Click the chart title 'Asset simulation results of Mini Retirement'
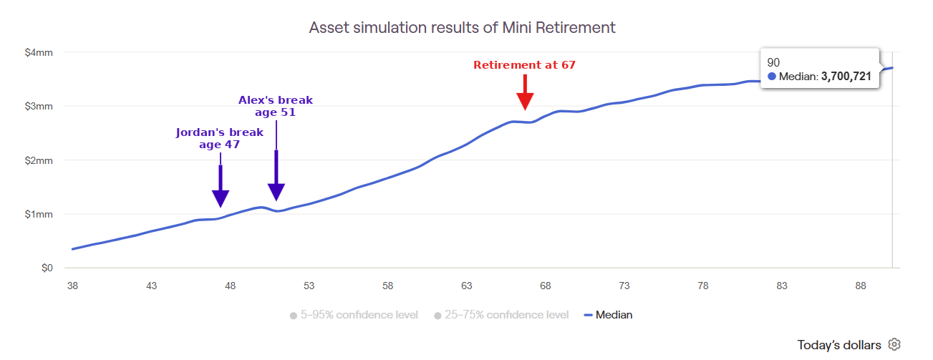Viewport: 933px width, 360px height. tap(462, 28)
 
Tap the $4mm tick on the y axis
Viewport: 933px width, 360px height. tap(39, 52)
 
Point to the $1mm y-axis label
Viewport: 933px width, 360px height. tap(39, 214)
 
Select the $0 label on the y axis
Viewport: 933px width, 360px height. tap(47, 268)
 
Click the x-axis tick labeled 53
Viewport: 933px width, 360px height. tap(309, 286)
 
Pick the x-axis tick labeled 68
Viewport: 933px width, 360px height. tap(545, 286)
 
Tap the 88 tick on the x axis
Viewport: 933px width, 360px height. tap(861, 286)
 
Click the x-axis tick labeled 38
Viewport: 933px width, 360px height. tap(72, 286)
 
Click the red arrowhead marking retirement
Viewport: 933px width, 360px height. tap(525, 102)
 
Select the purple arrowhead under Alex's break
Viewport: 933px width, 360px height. tap(276, 193)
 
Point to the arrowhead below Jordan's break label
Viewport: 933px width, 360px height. tap(221, 198)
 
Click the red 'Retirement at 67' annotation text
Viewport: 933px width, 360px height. tap(524, 65)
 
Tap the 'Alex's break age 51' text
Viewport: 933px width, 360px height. tap(276, 106)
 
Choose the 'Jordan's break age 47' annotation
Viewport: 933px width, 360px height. tap(220, 138)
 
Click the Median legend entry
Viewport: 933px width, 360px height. tap(608, 315)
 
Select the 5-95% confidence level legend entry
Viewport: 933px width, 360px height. tap(354, 315)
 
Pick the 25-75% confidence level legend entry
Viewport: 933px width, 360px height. tap(501, 315)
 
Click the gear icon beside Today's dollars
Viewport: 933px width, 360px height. tap(894, 344)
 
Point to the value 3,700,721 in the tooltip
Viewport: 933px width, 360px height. tap(846, 77)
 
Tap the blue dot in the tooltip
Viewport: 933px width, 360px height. tap(772, 77)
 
